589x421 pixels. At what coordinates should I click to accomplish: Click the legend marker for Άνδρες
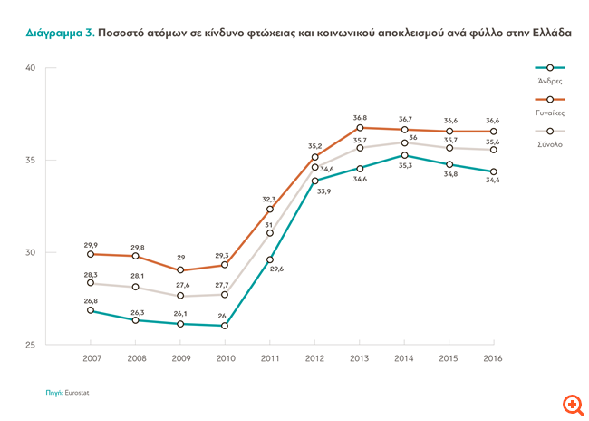(x=550, y=68)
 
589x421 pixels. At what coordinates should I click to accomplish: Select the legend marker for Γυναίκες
(x=550, y=100)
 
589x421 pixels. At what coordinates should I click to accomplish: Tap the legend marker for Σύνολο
(x=550, y=132)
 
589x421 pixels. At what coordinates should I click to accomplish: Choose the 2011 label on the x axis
(x=270, y=359)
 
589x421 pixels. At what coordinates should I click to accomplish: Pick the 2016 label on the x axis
(x=493, y=359)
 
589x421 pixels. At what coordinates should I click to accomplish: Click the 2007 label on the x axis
(x=92, y=359)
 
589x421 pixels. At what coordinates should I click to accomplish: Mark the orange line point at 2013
(x=360, y=127)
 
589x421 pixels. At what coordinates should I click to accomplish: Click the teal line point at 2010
(x=225, y=326)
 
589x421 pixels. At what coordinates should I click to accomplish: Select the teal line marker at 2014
(x=404, y=155)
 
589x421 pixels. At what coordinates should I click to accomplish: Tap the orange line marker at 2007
(x=92, y=254)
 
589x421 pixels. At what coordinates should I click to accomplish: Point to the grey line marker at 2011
(x=270, y=233)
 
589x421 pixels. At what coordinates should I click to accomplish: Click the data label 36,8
(x=360, y=117)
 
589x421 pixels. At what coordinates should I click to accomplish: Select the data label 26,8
(x=92, y=300)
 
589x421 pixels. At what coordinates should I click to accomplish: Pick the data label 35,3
(x=405, y=165)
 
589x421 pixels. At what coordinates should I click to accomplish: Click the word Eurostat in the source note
(x=77, y=393)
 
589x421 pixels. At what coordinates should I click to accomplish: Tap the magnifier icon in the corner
(x=572, y=404)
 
